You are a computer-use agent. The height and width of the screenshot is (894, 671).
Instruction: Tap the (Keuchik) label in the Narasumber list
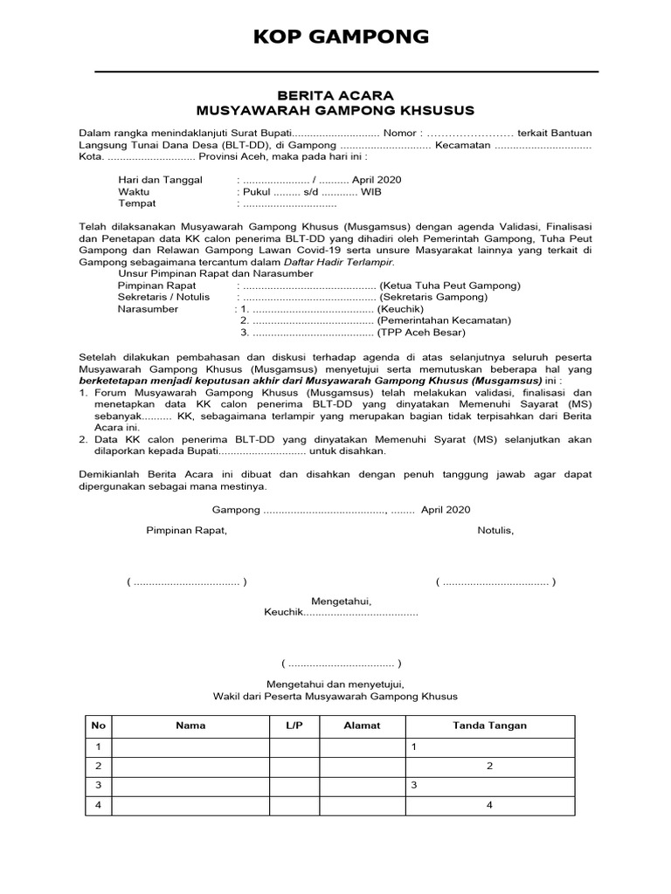(x=400, y=309)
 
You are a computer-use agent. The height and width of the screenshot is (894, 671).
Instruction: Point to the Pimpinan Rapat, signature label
(x=186, y=530)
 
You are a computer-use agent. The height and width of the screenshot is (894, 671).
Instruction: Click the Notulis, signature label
(x=495, y=530)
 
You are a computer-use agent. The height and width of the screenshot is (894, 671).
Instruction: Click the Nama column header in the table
(x=190, y=726)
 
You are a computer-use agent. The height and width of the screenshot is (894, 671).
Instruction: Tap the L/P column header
(x=293, y=726)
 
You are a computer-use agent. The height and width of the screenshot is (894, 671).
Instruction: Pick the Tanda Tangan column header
(x=489, y=726)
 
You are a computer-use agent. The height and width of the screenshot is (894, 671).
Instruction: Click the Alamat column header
(x=362, y=726)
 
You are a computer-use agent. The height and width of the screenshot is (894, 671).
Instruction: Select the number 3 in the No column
(x=99, y=785)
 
